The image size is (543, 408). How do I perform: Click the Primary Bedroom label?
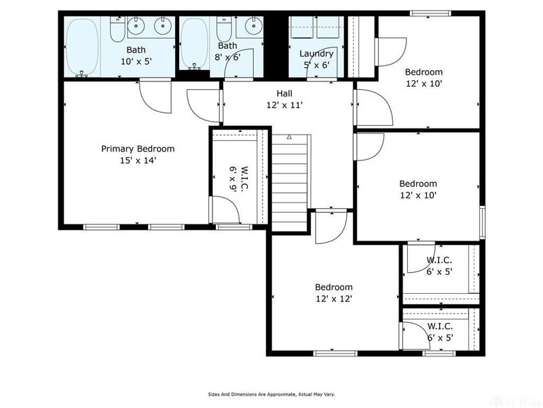(138, 149)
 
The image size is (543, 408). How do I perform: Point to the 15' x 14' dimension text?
(138, 160)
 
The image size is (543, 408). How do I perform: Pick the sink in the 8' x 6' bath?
(250, 27)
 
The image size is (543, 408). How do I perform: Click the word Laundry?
(316, 54)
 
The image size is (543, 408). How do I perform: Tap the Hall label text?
(284, 94)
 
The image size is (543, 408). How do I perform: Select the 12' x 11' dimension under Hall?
(284, 105)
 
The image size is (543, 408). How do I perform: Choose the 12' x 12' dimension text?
(333, 299)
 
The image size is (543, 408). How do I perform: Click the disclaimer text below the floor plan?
(271, 394)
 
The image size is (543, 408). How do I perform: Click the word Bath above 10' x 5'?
(136, 50)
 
